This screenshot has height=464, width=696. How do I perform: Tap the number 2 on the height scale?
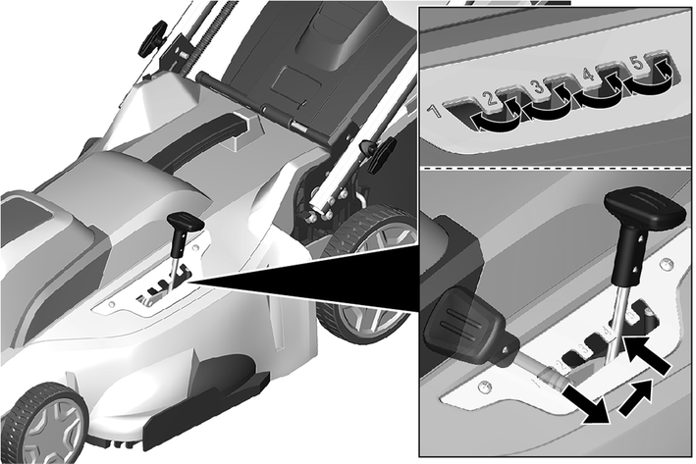tap(487, 97)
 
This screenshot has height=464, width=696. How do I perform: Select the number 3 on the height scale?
tap(538, 85)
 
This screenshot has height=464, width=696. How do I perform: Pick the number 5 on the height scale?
tap(637, 64)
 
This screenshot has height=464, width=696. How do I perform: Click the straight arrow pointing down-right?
tap(587, 404)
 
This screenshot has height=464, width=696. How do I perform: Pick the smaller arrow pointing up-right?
tap(636, 397)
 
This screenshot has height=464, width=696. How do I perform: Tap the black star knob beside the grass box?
tap(381, 151)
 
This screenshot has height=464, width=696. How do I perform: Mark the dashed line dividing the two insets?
tap(555, 168)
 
